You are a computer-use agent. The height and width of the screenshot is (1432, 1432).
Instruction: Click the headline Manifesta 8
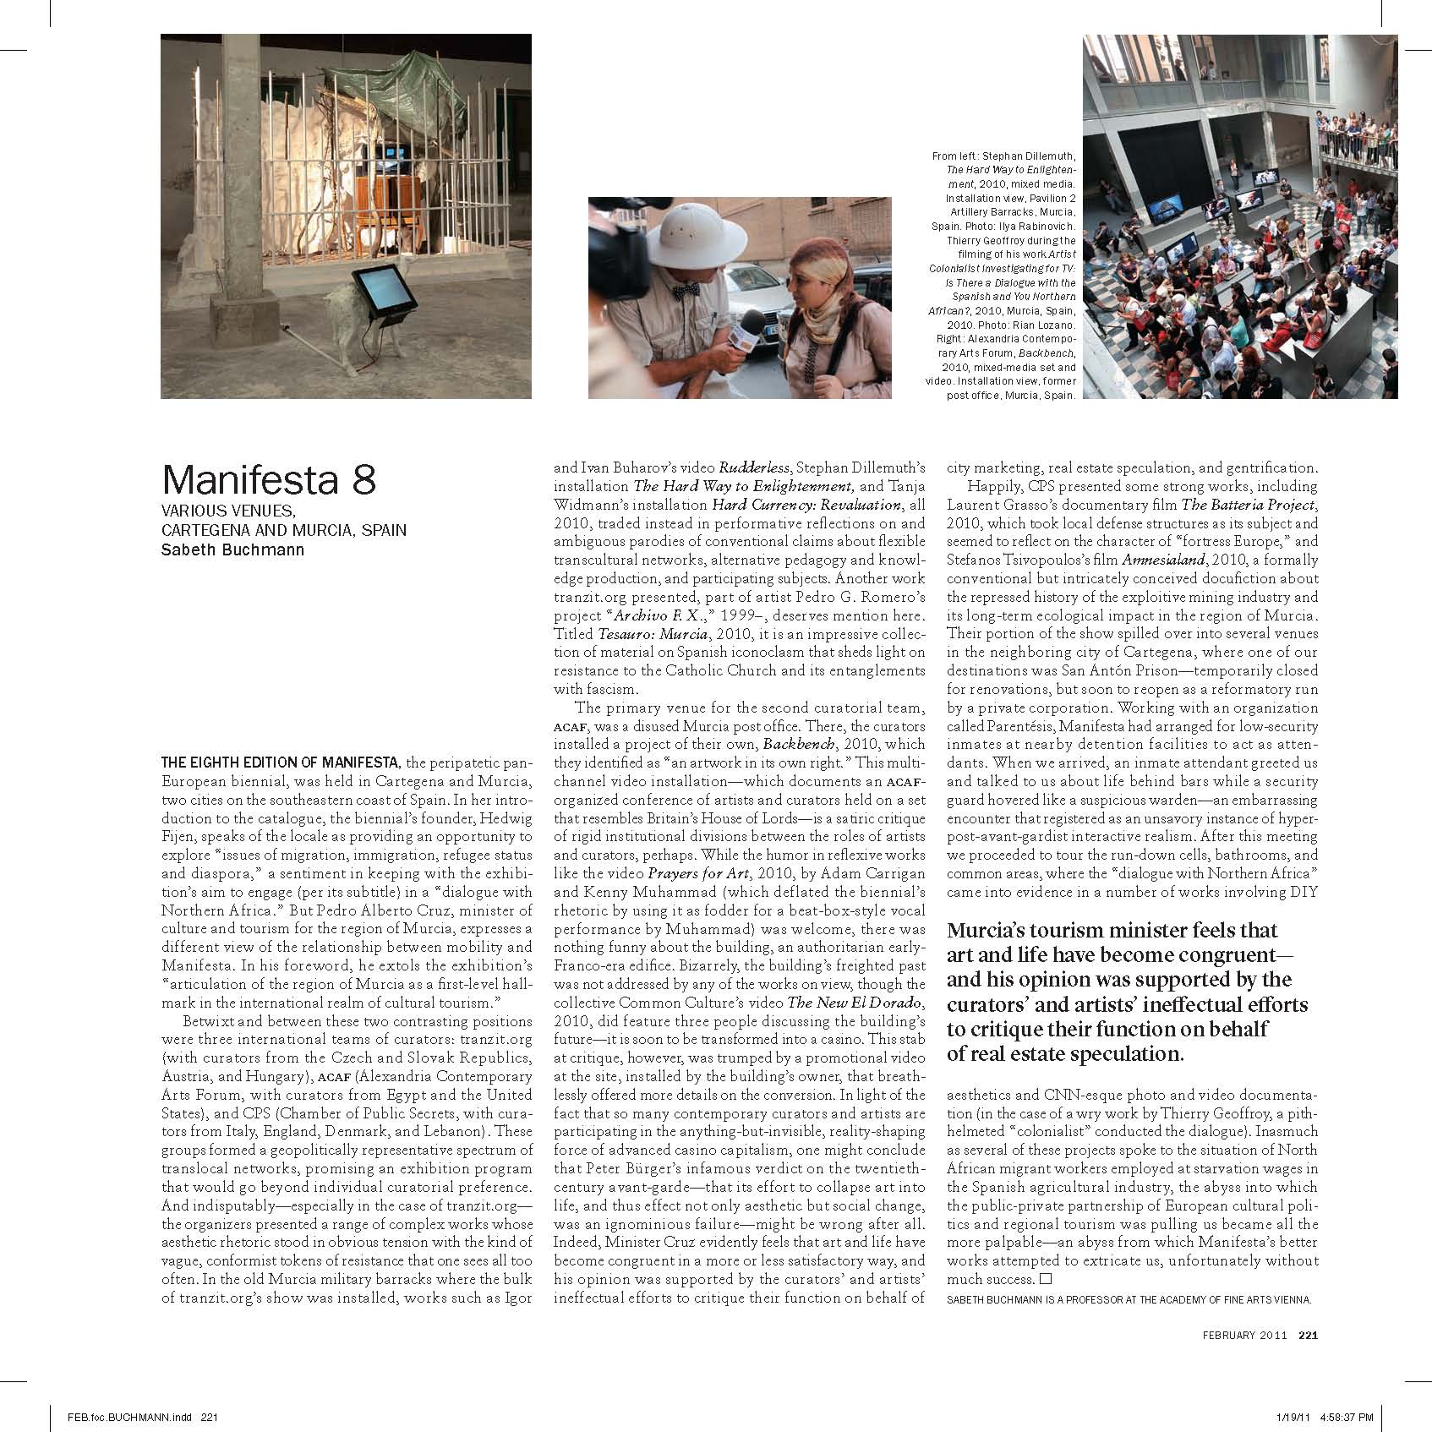pyautogui.click(x=269, y=480)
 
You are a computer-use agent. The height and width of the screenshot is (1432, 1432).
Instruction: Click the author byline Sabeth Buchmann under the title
pyautogui.click(x=232, y=549)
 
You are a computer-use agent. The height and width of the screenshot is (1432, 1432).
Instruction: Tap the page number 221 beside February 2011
pyautogui.click(x=1309, y=1359)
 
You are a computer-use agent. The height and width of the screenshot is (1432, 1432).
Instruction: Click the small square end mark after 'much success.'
pyautogui.click(x=1046, y=1279)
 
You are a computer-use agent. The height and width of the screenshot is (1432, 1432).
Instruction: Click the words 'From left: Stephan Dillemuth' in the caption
pyautogui.click(x=1003, y=156)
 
